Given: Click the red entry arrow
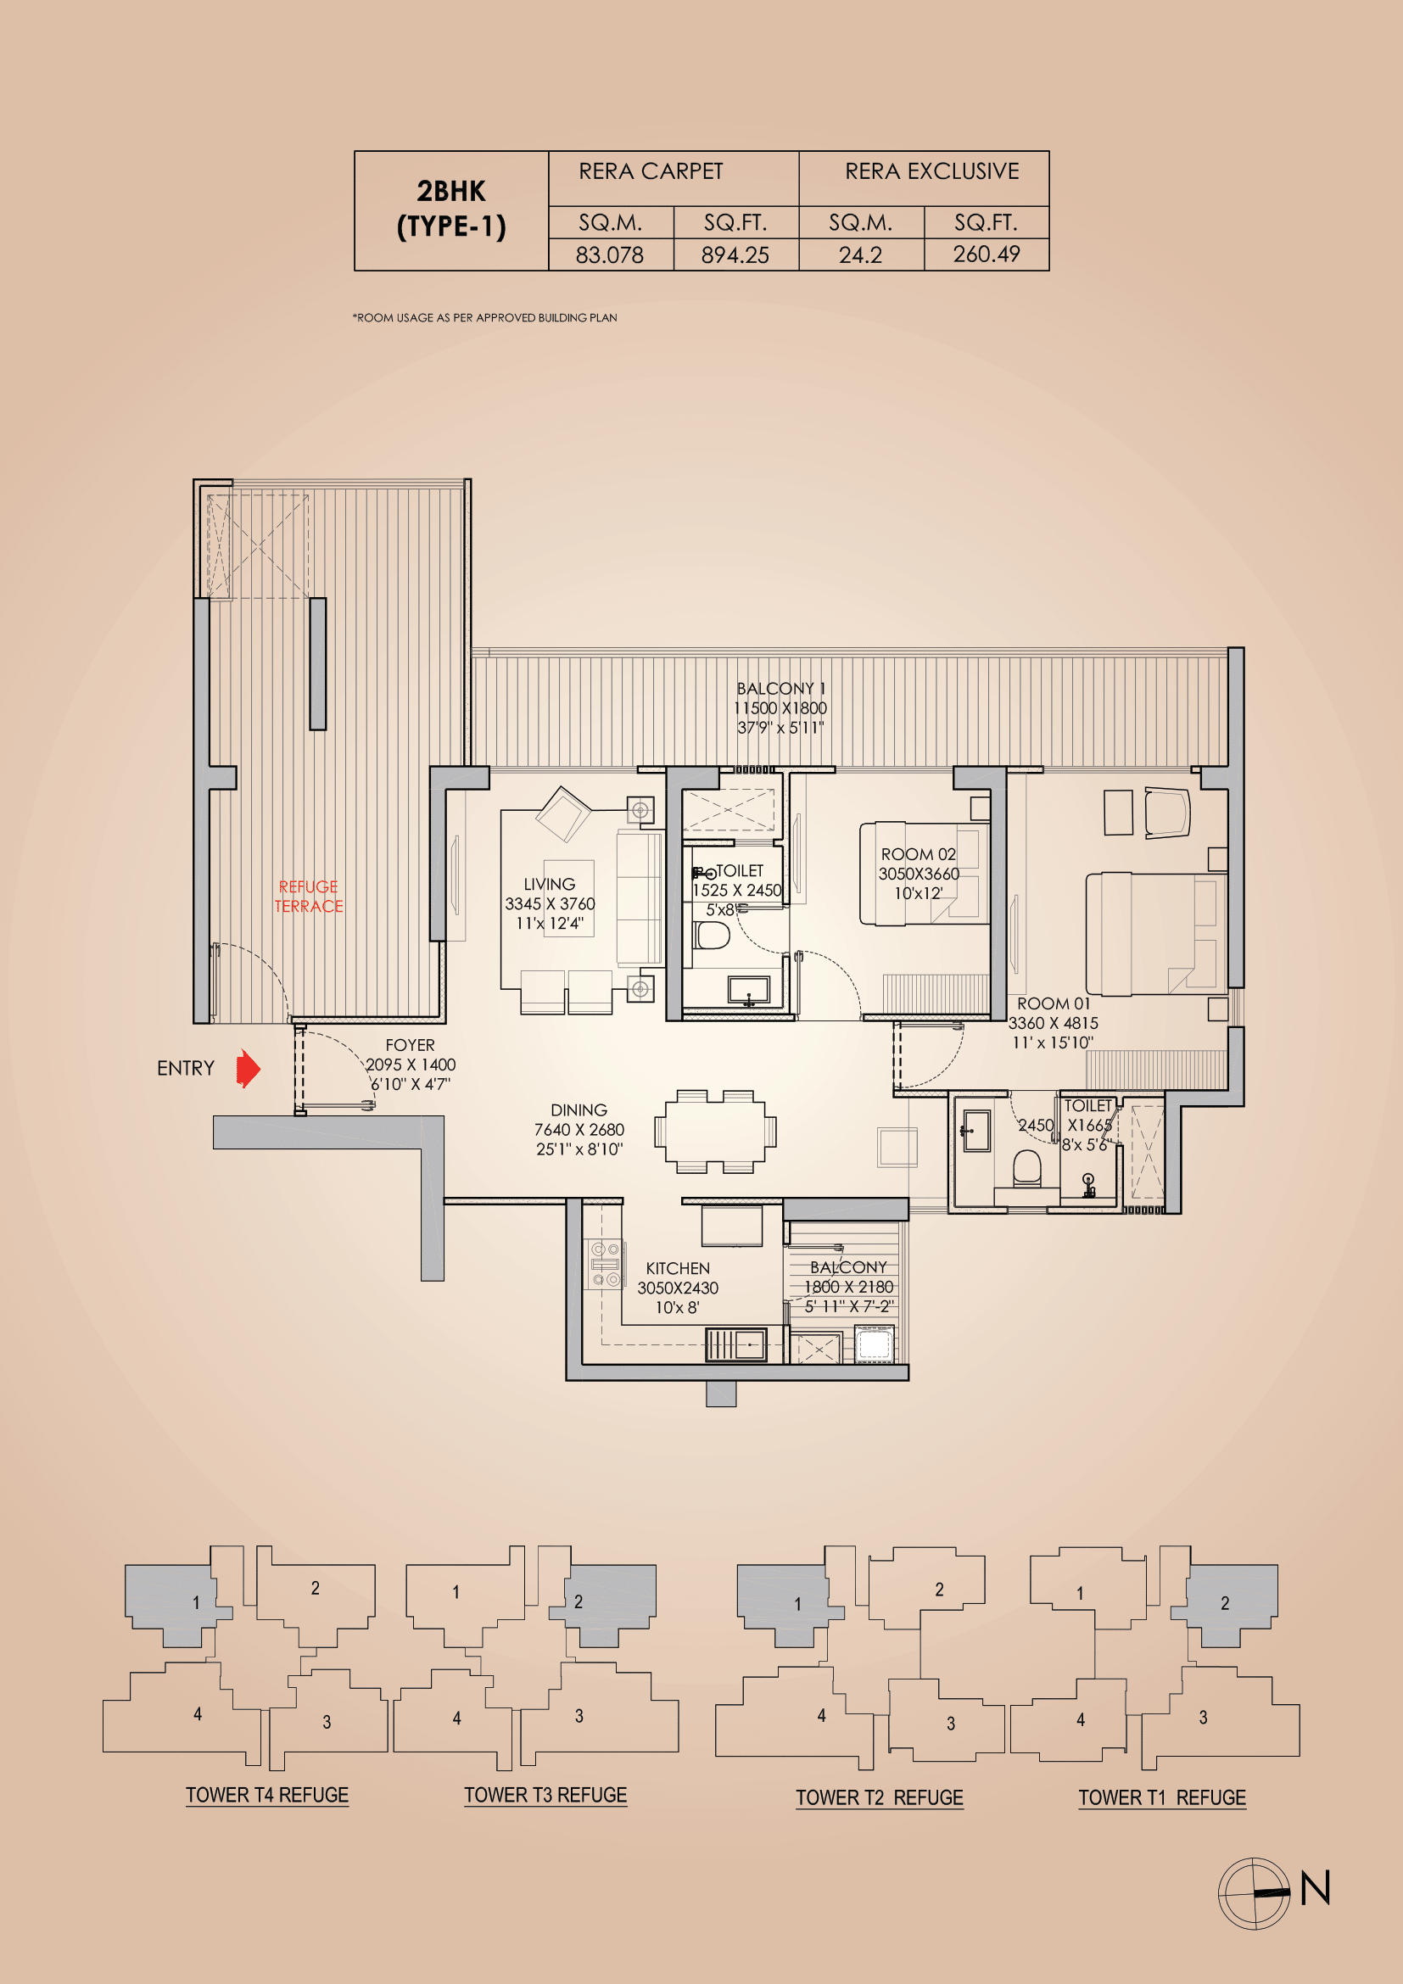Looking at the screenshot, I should pyautogui.click(x=248, y=1068).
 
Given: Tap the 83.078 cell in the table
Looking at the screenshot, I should pyautogui.click(x=610, y=255).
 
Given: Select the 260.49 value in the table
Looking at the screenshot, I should pyautogui.click(x=986, y=254).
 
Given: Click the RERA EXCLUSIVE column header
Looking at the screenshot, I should pyautogui.click(x=931, y=172).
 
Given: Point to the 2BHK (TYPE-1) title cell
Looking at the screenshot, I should pyautogui.click(x=451, y=210).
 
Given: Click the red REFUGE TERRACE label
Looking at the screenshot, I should pyautogui.click(x=309, y=896).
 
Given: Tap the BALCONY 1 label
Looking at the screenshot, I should pyautogui.click(x=780, y=689).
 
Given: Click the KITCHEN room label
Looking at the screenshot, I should pyautogui.click(x=677, y=1268).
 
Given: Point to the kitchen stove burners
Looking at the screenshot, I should pyautogui.click(x=605, y=1263).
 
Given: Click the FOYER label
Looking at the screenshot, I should pyautogui.click(x=410, y=1046).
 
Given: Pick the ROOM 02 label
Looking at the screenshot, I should pyautogui.click(x=918, y=855).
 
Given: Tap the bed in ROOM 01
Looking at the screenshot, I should pyautogui.click(x=1155, y=933).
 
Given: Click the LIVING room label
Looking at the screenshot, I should pyautogui.click(x=549, y=885).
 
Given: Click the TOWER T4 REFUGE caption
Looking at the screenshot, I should pyautogui.click(x=267, y=1795).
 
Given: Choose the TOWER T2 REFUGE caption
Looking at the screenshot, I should pyautogui.click(x=879, y=1797).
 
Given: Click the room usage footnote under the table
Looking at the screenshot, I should pyautogui.click(x=484, y=318).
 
